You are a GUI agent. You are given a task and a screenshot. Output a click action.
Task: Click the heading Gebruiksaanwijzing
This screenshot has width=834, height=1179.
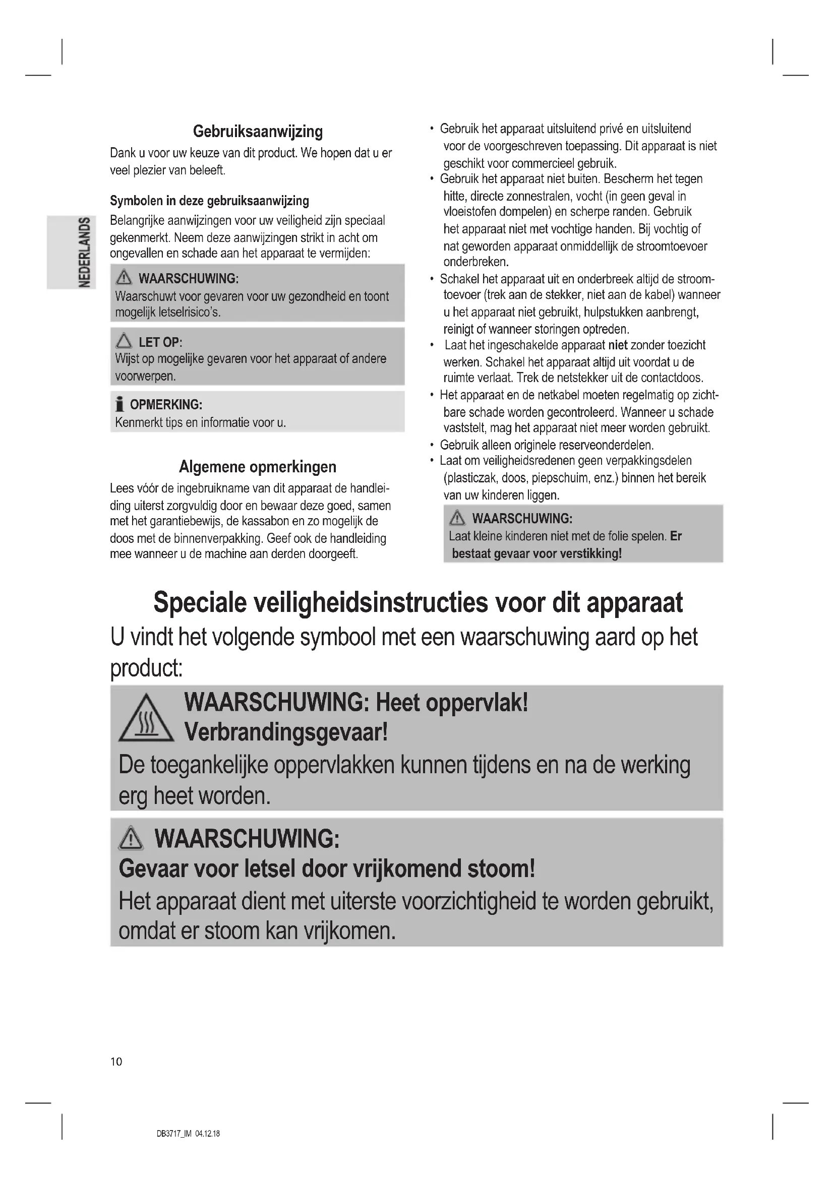[x=258, y=132]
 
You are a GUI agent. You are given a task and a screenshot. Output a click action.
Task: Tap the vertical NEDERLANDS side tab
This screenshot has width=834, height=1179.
[x=85, y=252]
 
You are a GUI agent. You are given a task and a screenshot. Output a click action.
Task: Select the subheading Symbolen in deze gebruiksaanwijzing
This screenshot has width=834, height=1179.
[x=210, y=201]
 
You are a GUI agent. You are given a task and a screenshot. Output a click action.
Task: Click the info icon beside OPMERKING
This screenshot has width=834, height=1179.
[x=120, y=405]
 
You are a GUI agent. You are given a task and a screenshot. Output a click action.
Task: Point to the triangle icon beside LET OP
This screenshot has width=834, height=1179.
[x=124, y=341]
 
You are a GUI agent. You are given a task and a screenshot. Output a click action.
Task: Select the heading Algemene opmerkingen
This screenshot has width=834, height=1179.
[x=258, y=467]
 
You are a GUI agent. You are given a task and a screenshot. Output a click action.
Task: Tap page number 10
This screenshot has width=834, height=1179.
[x=116, y=1062]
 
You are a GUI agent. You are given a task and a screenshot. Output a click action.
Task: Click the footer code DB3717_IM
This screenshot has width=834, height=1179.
[x=173, y=1134]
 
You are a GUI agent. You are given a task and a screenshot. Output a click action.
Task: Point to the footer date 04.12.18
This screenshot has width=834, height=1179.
[x=207, y=1134]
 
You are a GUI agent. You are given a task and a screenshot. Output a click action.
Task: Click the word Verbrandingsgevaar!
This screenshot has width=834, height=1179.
[x=286, y=732]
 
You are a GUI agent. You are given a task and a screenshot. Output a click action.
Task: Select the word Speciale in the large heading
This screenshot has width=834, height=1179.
[x=200, y=603]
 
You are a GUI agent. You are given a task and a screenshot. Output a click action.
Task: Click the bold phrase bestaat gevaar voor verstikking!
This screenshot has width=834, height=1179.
[x=537, y=553]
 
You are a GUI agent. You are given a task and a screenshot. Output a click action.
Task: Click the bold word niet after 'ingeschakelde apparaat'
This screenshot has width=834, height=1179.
[x=618, y=345]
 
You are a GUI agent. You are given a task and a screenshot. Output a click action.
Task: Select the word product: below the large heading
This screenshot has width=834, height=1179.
[x=146, y=668]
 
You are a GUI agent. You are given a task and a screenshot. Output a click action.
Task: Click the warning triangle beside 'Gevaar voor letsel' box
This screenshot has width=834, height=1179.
[x=131, y=839]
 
